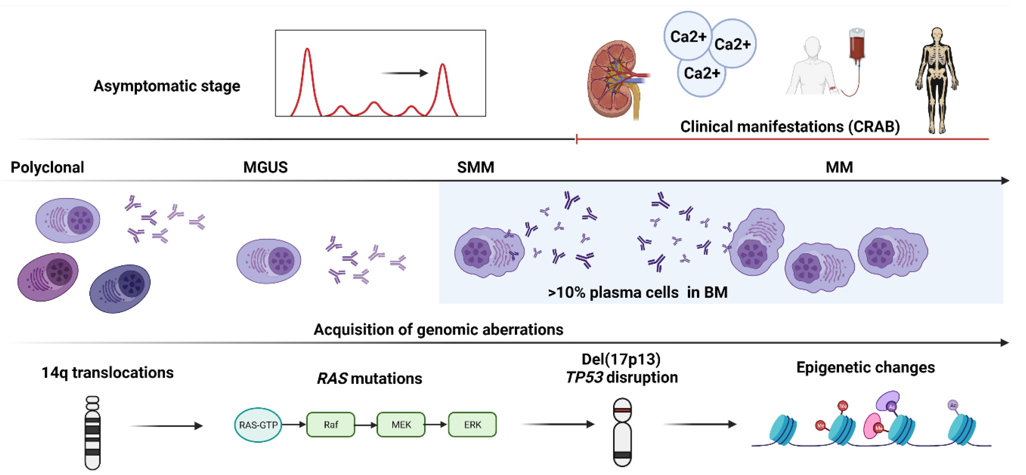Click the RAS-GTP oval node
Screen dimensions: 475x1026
258,425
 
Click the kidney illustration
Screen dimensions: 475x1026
613,80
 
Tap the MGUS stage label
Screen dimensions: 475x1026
265,167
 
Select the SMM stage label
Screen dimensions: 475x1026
476,167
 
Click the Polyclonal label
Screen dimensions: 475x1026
47,167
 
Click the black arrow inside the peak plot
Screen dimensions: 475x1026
404,73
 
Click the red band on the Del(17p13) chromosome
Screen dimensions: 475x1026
622,410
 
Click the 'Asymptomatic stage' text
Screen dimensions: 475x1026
167,86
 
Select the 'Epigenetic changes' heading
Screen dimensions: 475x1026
865,367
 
